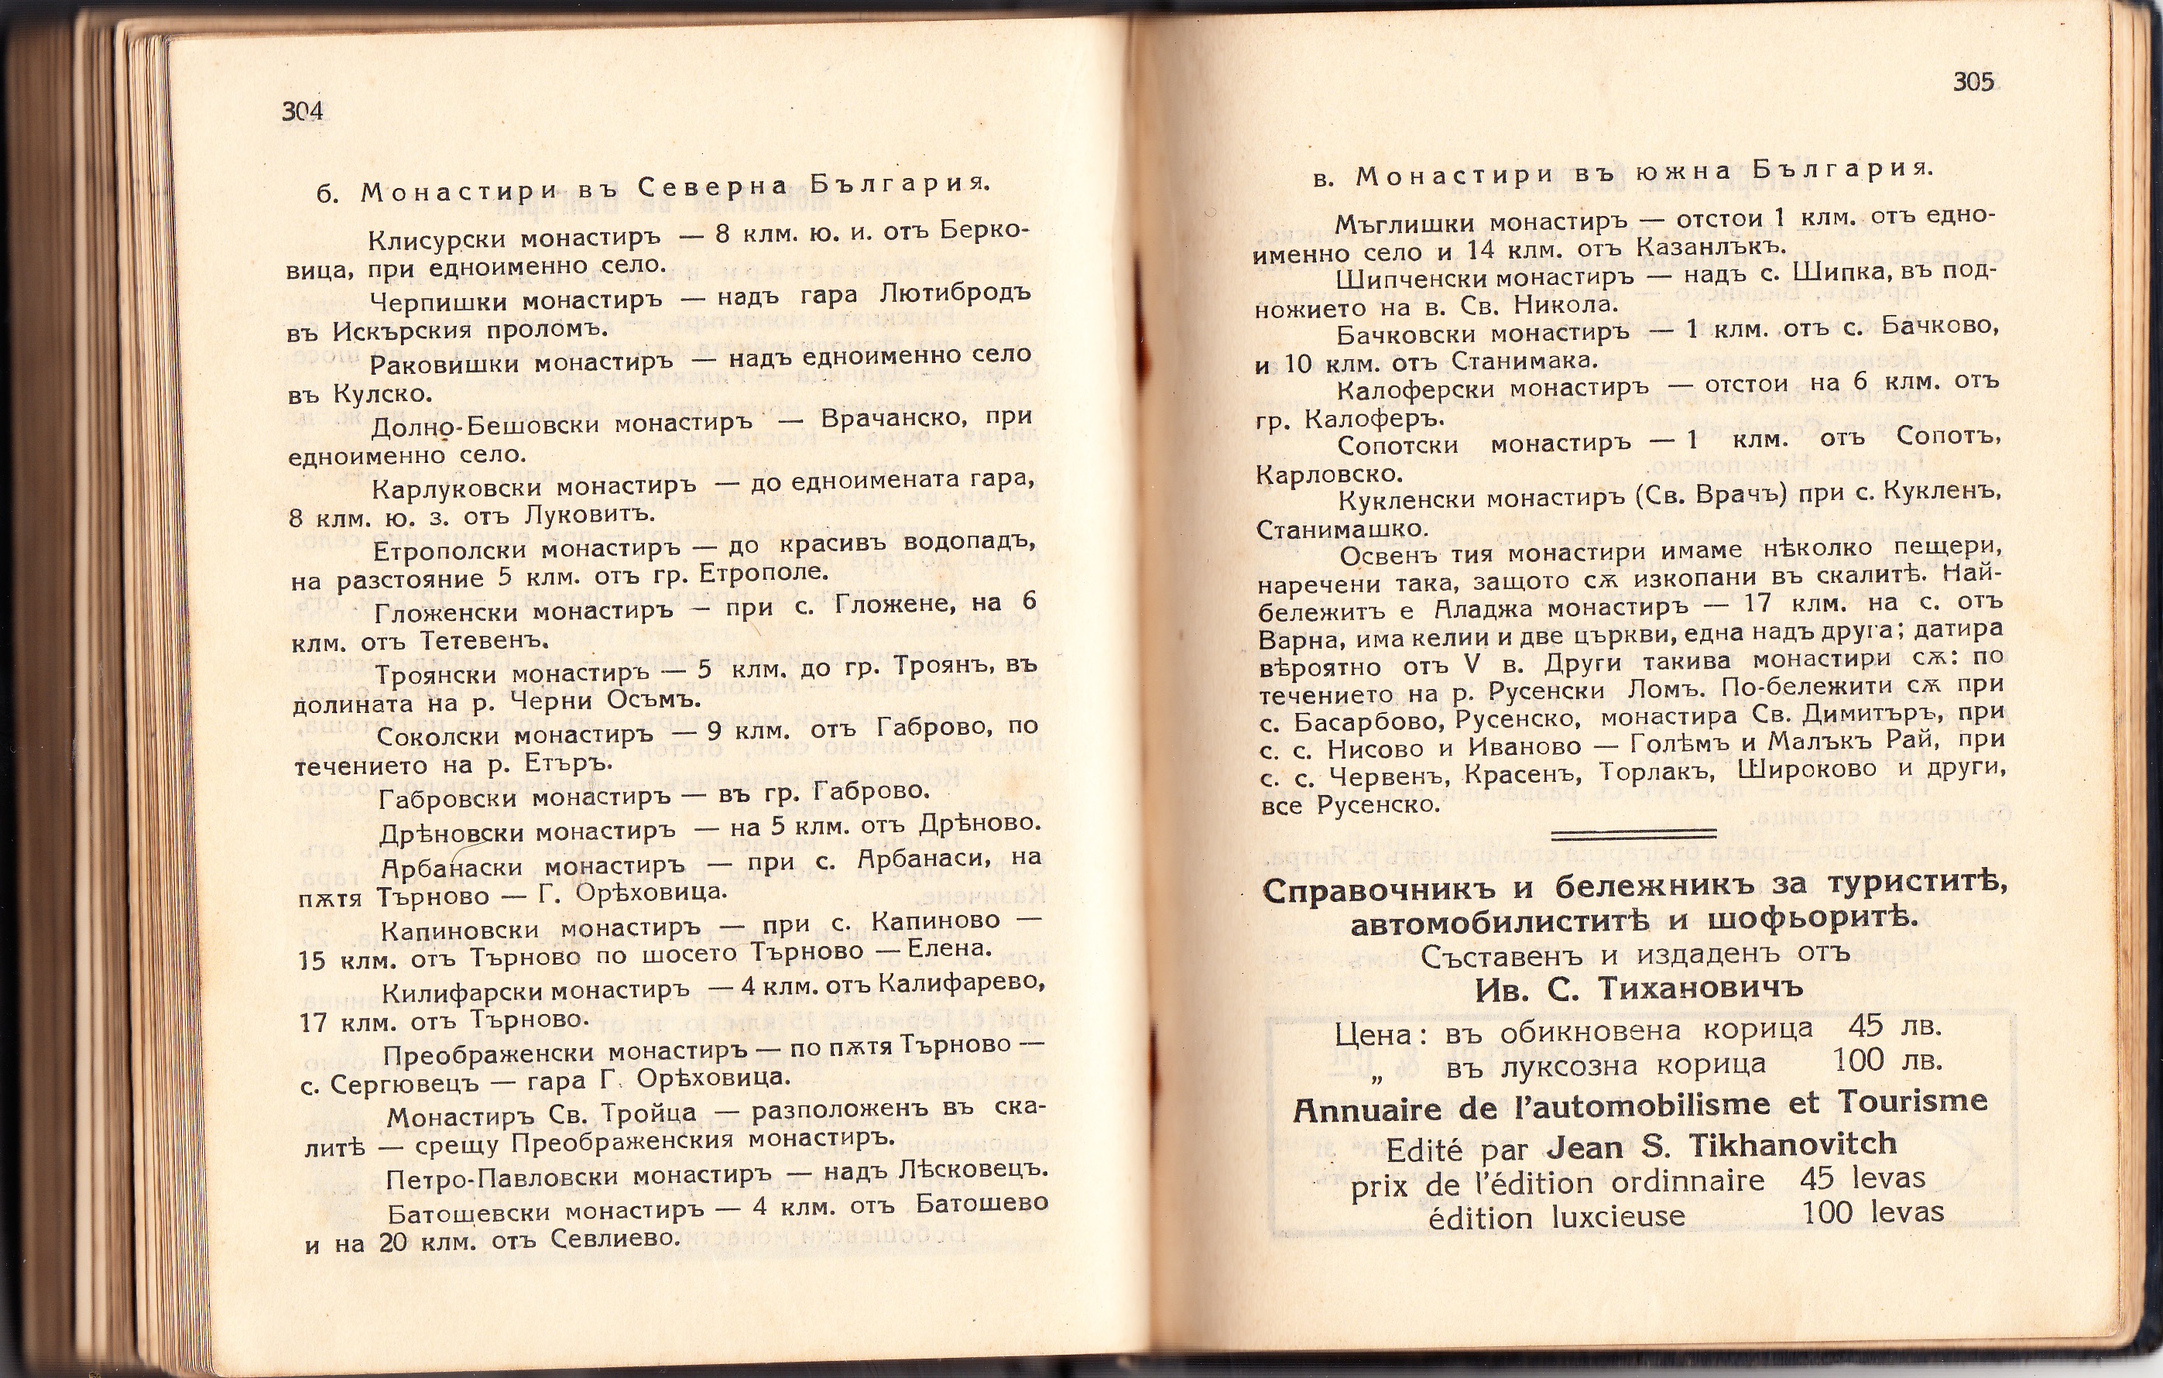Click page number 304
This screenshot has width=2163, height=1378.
(x=302, y=111)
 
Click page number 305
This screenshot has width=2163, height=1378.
(x=1973, y=83)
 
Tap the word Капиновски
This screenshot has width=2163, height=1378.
(x=460, y=929)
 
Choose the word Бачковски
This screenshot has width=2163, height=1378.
(x=1406, y=334)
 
